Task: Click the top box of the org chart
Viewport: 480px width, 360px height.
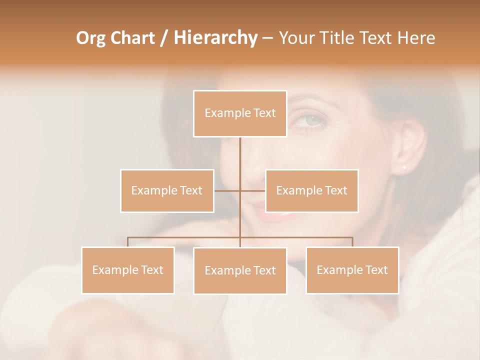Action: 240,113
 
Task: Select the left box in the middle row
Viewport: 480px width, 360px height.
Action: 167,190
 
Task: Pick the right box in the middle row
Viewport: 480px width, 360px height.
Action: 311,190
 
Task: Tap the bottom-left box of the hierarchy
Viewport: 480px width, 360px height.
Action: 128,270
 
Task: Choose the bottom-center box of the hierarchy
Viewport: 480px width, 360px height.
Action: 240,270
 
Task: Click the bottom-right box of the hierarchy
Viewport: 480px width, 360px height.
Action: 352,270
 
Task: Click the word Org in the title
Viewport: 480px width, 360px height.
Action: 90,38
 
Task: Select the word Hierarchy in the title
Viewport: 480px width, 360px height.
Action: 215,38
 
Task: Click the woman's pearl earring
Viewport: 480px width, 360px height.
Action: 404,167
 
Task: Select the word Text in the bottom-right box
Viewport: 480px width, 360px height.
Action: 377,270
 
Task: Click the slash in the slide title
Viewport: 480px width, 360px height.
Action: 164,38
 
